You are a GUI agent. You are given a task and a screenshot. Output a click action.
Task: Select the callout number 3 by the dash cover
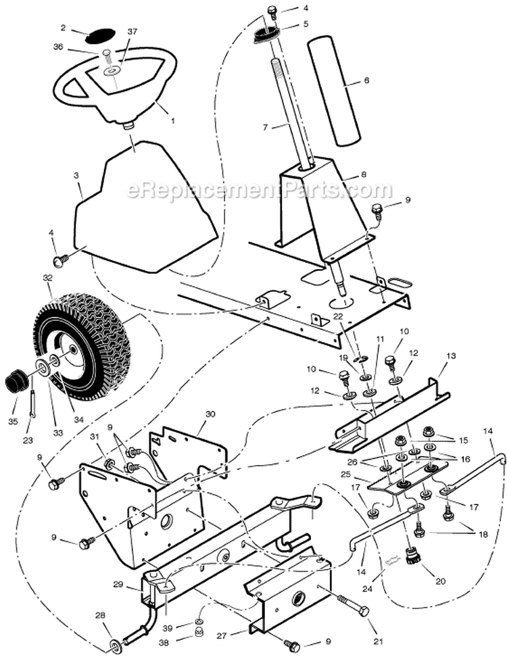coord(76,175)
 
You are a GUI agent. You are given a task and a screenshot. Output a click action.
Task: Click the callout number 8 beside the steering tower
coord(364,174)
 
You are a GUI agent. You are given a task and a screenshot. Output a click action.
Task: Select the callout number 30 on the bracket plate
coord(210,414)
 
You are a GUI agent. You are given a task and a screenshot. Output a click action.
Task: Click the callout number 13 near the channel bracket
coord(451,355)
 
